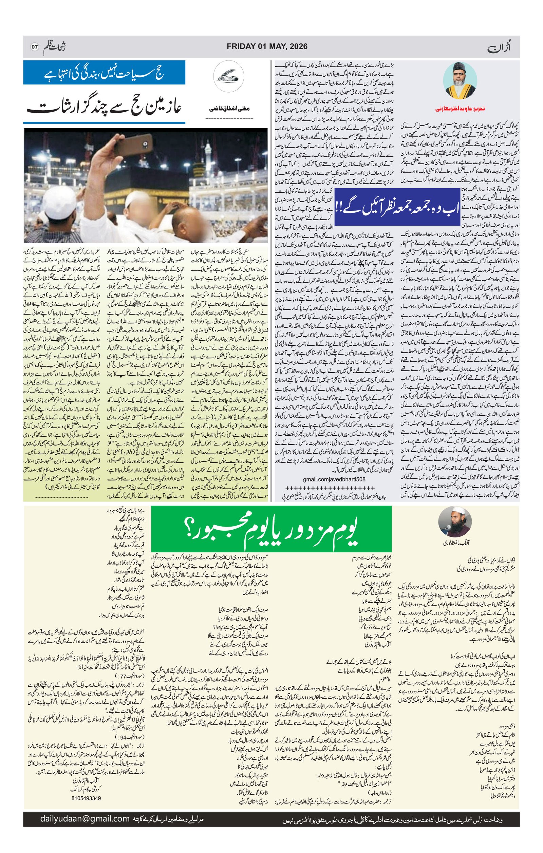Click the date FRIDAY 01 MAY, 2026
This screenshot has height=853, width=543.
267,46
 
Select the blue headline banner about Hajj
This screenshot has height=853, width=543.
104,73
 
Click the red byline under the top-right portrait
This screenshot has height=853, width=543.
460,109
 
